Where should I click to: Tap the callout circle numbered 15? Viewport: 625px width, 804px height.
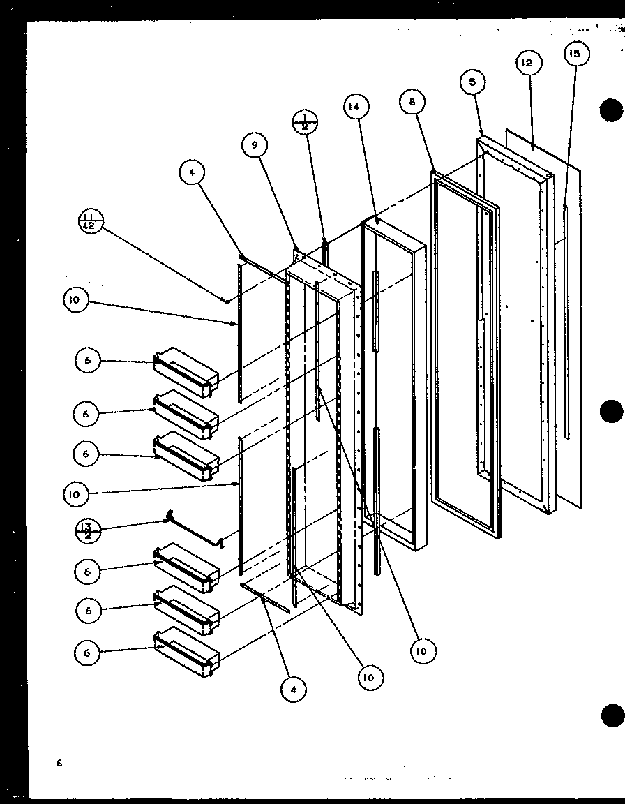tap(576, 54)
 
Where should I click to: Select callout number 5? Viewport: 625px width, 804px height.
tap(473, 82)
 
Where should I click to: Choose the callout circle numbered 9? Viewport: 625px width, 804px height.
tap(255, 145)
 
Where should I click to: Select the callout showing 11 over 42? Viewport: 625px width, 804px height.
tap(91, 223)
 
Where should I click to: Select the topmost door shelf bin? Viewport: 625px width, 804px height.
tap(186, 371)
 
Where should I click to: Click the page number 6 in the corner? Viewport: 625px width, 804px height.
tap(60, 763)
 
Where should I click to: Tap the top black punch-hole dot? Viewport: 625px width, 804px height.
tap(611, 111)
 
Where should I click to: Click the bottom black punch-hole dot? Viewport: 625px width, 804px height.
tap(611, 715)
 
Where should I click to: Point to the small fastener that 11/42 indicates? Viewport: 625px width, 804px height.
tap(227, 300)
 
